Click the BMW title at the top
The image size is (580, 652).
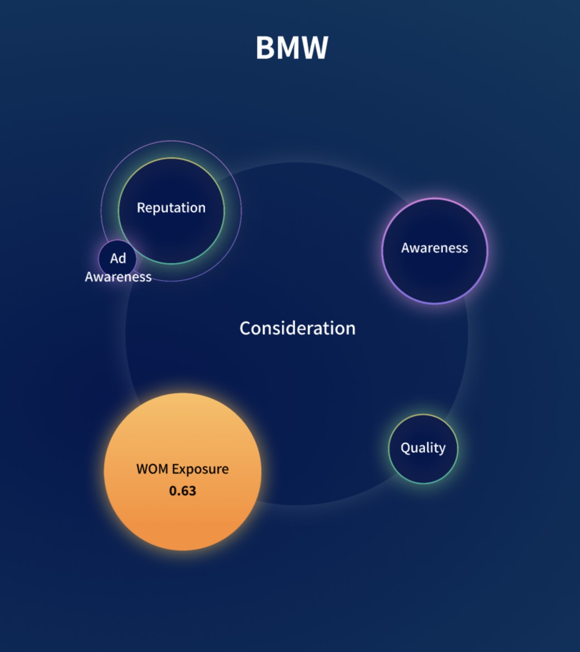click(x=292, y=48)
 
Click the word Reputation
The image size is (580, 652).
click(x=171, y=208)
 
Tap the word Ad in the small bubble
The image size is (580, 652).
click(x=118, y=258)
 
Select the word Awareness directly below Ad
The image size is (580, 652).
click(x=118, y=277)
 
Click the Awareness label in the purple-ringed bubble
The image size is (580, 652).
click(x=435, y=248)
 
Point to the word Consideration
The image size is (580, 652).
click(x=297, y=328)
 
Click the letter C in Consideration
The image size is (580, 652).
click(x=245, y=328)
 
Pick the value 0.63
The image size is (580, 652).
click(x=183, y=491)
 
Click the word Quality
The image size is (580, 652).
click(x=423, y=448)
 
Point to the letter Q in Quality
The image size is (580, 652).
click(x=406, y=448)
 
